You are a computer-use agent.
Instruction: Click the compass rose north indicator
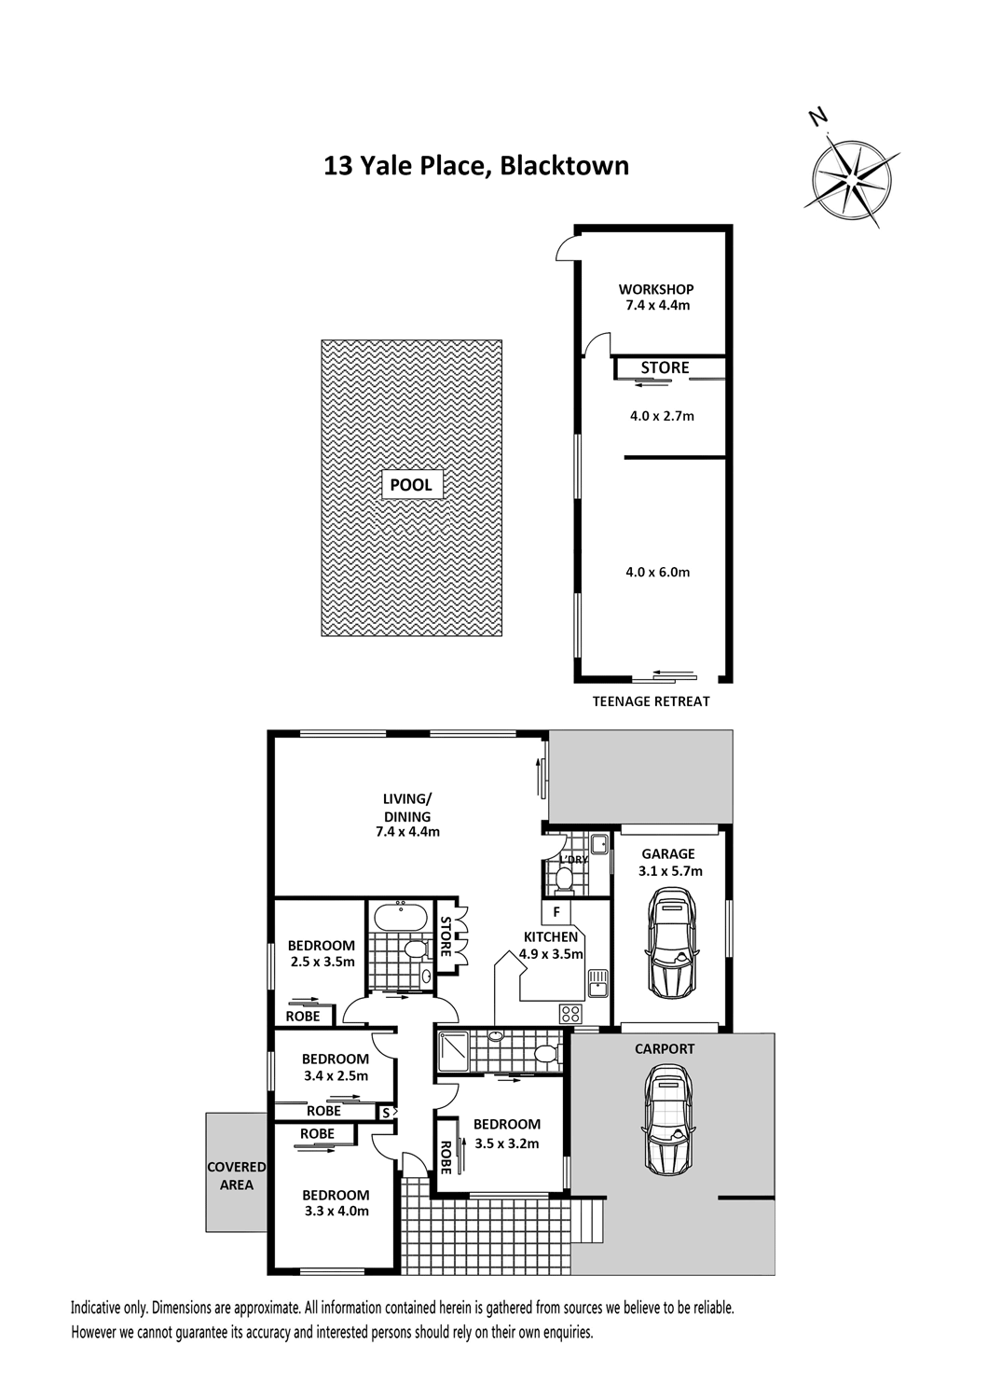tap(817, 117)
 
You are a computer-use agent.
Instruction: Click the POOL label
tap(411, 485)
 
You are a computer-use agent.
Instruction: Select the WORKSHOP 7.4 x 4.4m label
tap(656, 298)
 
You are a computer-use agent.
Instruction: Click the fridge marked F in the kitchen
tap(556, 912)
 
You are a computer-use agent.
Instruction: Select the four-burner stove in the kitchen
tap(570, 1012)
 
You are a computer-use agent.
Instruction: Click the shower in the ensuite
tap(454, 1051)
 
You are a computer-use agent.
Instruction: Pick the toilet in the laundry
tap(565, 880)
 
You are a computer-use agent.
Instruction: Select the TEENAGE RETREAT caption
tap(651, 701)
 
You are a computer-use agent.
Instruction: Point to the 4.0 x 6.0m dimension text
tap(658, 572)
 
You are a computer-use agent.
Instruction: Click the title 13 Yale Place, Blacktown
tap(476, 166)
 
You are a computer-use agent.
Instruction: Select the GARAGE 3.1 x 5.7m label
tap(670, 863)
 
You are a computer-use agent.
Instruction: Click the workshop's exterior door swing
tap(567, 249)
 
